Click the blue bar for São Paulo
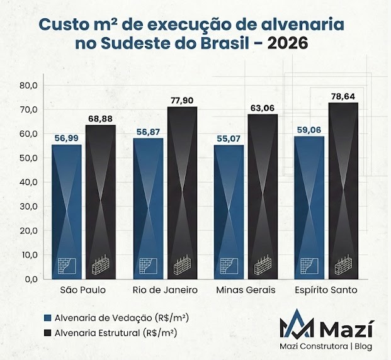click(66, 211)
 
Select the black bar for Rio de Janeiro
click(182, 192)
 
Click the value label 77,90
click(182, 100)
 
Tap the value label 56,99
click(66, 138)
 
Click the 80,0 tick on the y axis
click(29, 85)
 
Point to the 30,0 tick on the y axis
click(29, 206)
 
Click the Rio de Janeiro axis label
click(166, 290)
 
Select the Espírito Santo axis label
click(326, 290)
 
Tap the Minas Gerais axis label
click(246, 290)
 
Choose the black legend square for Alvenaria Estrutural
click(47, 332)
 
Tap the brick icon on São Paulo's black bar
click(101, 267)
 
